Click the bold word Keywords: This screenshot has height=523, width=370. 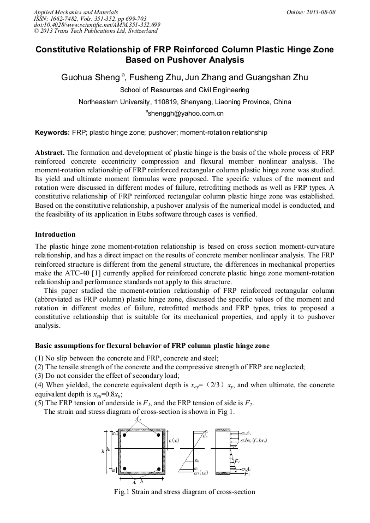tap(52, 133)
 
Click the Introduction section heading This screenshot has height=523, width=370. tap(55, 235)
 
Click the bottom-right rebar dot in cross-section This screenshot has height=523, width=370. tap(158, 468)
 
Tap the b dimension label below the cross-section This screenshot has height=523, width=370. tap(142, 482)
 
